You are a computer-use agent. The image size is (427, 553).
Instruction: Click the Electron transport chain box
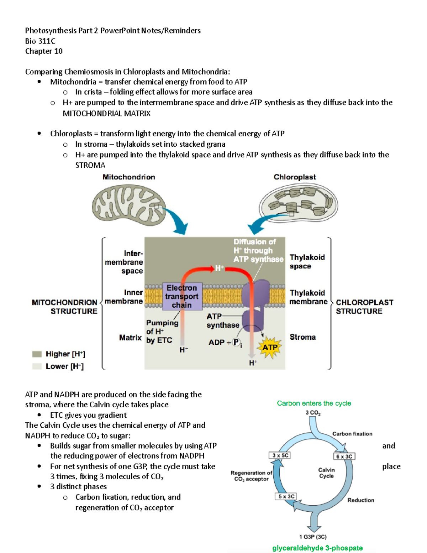pyautogui.click(x=182, y=296)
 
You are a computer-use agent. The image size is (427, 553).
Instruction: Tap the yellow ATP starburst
pyautogui.click(x=270, y=348)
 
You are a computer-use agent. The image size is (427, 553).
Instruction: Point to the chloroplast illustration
pyautogui.click(x=298, y=204)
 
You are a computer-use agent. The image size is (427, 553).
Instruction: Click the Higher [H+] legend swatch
pyautogui.click(x=37, y=354)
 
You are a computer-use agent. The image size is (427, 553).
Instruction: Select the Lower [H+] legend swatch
pyautogui.click(x=37, y=366)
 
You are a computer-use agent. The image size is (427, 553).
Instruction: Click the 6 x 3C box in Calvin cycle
pyautogui.click(x=344, y=457)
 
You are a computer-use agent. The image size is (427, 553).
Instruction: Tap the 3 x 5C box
pyautogui.click(x=280, y=455)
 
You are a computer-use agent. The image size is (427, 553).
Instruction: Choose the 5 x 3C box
pyautogui.click(x=286, y=496)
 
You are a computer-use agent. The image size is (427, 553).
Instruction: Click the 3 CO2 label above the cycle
pyautogui.click(x=313, y=413)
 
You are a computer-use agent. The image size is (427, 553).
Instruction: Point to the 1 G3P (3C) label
pyautogui.click(x=313, y=537)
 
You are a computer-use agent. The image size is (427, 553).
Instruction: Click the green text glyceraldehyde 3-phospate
pyautogui.click(x=317, y=548)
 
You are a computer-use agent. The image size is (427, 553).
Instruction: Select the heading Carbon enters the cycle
pyautogui.click(x=314, y=403)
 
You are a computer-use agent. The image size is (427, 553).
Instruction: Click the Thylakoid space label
pyautogui.click(x=307, y=262)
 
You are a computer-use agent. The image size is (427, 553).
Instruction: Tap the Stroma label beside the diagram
pyautogui.click(x=302, y=337)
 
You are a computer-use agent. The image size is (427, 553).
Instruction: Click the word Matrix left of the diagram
pyautogui.click(x=130, y=338)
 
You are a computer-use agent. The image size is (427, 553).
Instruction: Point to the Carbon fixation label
pyautogui.click(x=352, y=434)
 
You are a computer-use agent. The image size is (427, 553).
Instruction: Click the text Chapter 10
pyautogui.click(x=44, y=51)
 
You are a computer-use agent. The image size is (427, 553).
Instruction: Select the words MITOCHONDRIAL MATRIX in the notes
pyautogui.click(x=106, y=114)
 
